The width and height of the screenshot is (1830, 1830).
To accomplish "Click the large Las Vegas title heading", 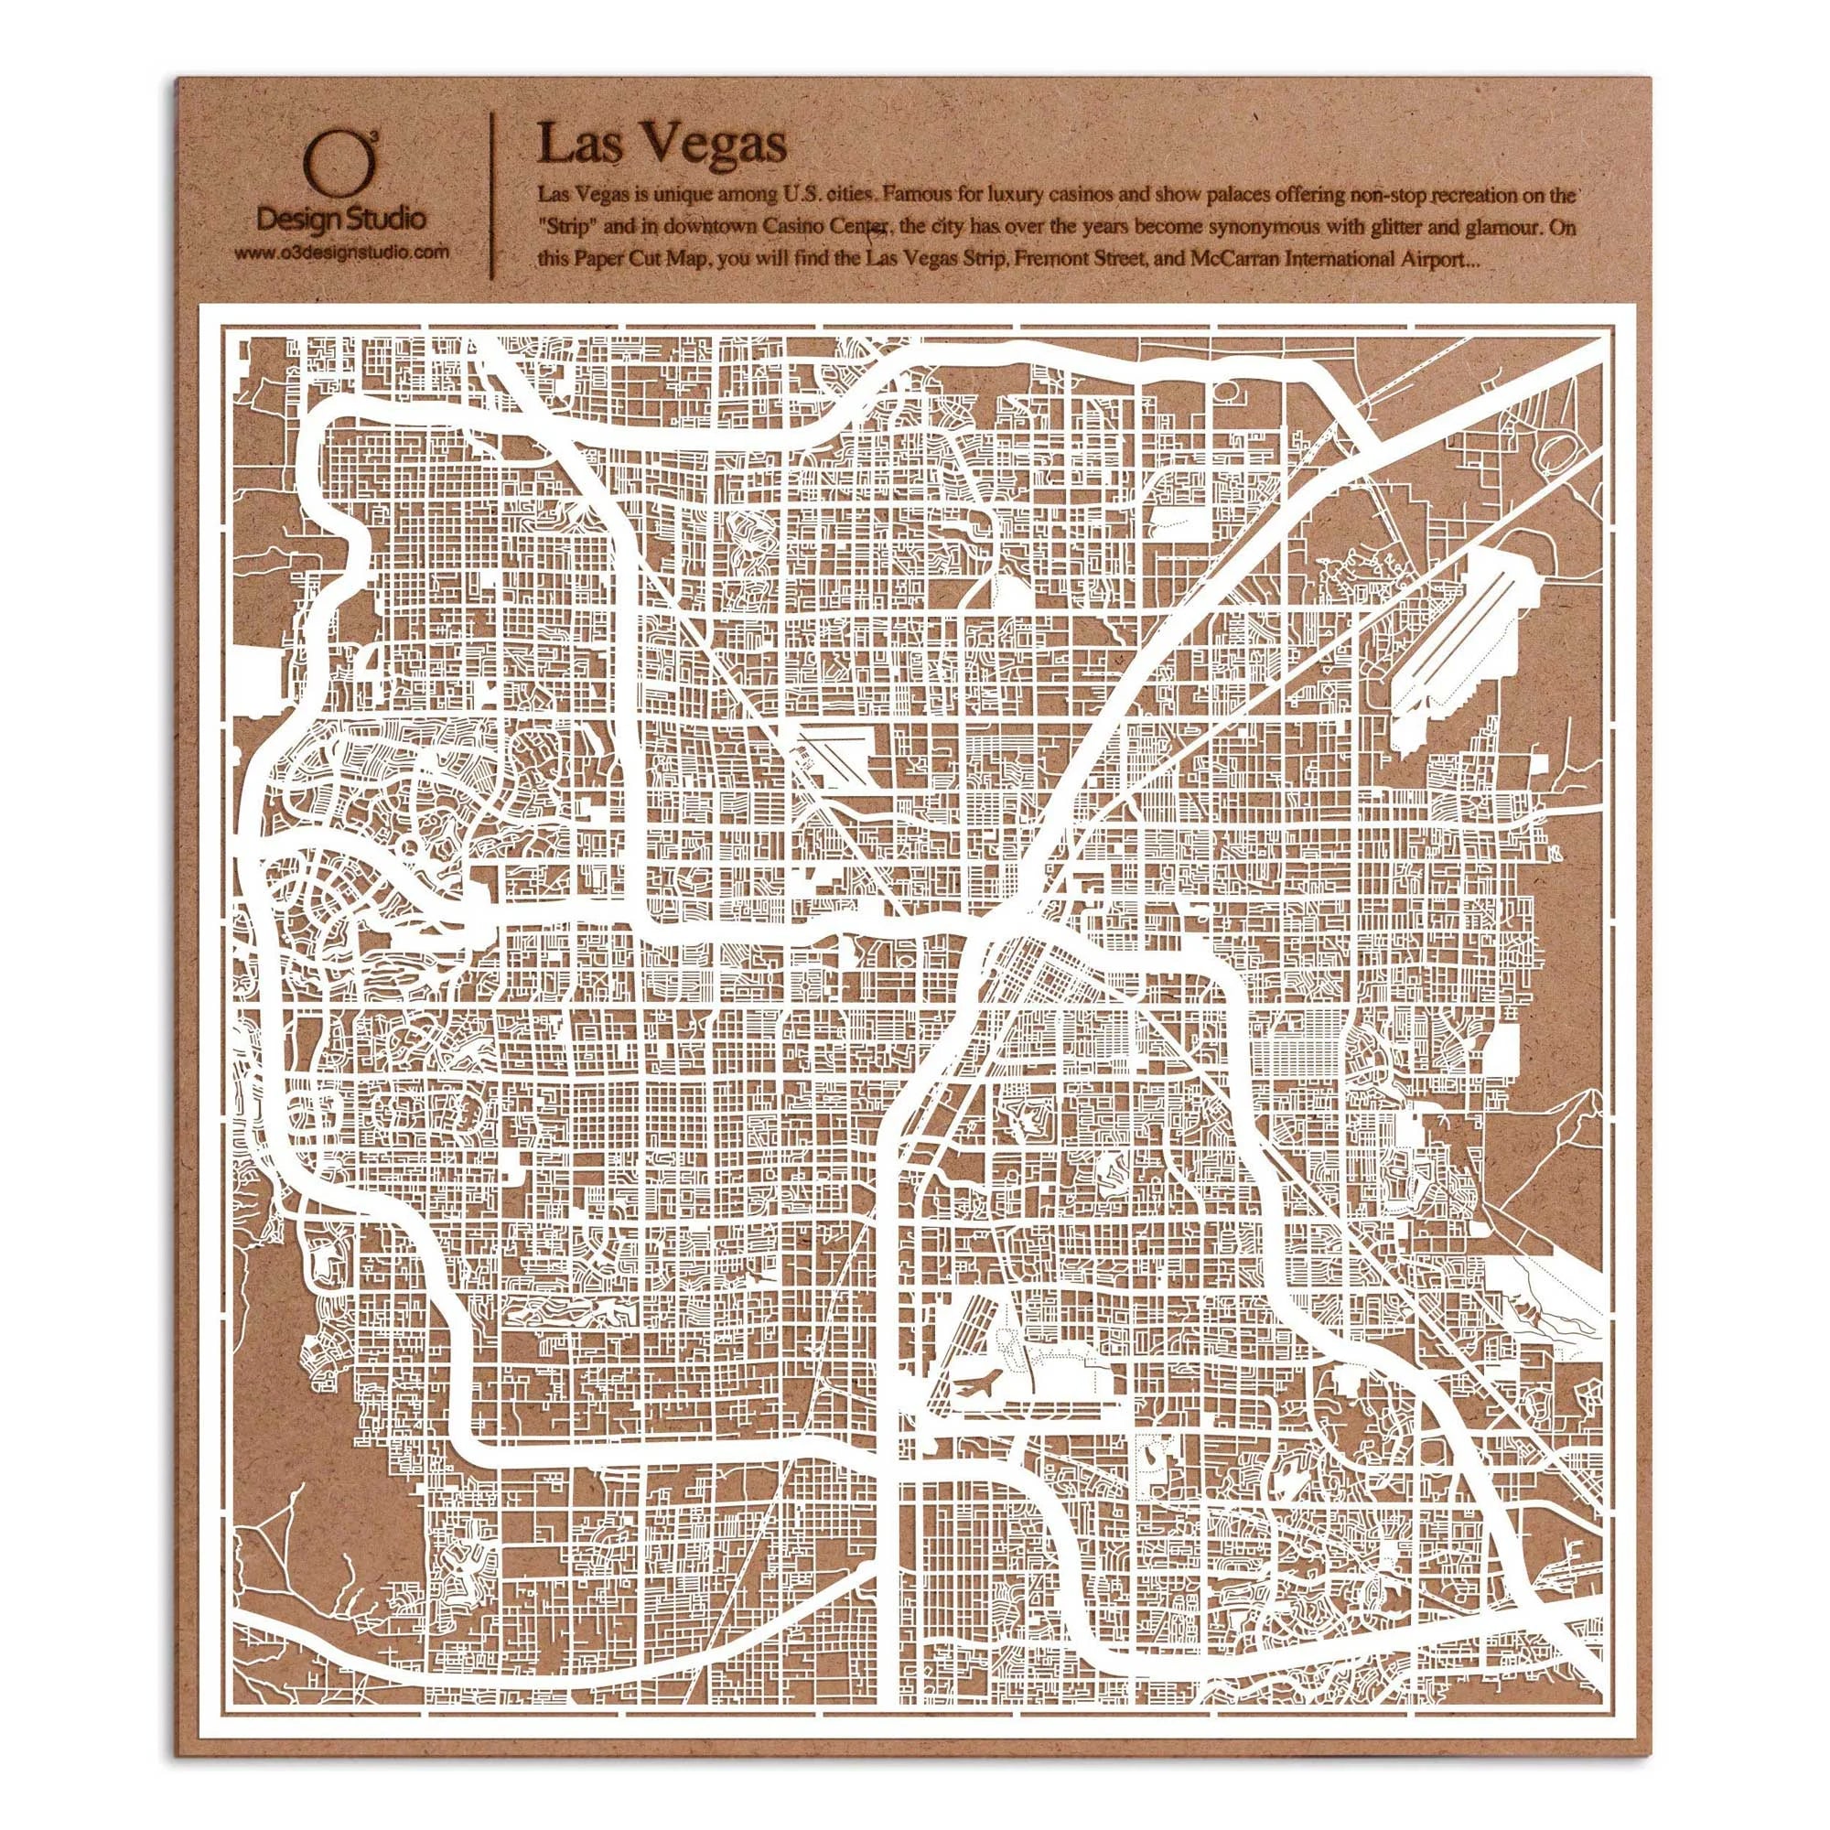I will [662, 145].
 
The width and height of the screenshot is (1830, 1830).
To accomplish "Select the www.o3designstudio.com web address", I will [340, 253].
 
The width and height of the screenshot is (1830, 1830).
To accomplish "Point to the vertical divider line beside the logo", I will [491, 196].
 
